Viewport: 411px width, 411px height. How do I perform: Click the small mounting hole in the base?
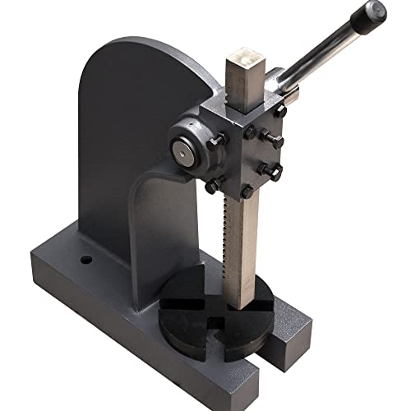coord(85,261)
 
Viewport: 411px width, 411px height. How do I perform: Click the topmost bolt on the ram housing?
coord(280,109)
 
